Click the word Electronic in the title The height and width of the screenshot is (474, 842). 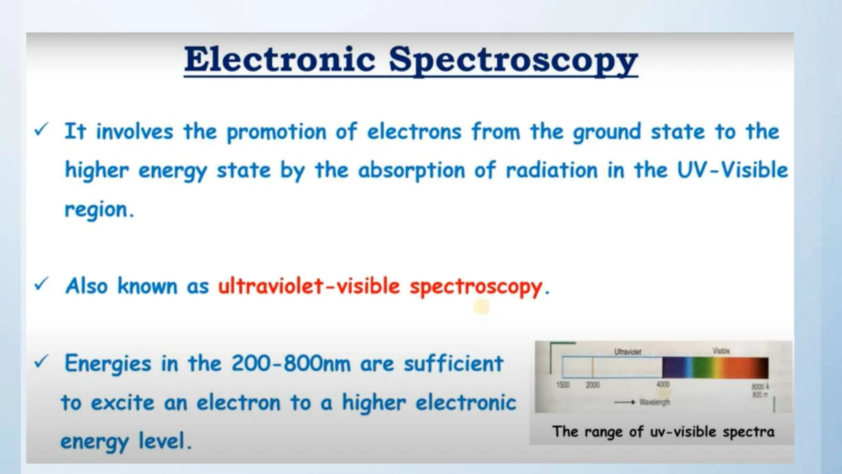(x=280, y=60)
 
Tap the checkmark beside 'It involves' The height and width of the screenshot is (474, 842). (x=42, y=130)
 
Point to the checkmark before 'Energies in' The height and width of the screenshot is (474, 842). (x=42, y=361)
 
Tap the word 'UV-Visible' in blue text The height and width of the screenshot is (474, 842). (x=732, y=170)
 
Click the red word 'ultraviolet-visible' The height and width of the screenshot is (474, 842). (x=308, y=286)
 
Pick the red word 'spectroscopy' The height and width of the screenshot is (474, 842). (x=476, y=287)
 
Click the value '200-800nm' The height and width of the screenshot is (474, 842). (x=291, y=364)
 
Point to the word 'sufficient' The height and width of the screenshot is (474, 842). (x=453, y=364)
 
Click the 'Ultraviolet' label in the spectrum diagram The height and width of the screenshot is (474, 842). (x=627, y=352)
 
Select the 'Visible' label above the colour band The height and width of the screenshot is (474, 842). (x=721, y=351)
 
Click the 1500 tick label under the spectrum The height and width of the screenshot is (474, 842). (x=563, y=385)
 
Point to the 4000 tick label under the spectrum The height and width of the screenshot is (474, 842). (x=663, y=384)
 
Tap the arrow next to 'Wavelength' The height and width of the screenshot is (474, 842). (x=625, y=402)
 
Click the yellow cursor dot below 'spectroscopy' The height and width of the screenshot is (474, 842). (x=481, y=307)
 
